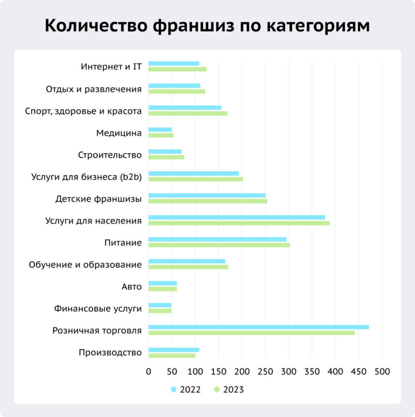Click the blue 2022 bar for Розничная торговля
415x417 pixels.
click(259, 327)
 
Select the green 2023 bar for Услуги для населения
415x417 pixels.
click(239, 223)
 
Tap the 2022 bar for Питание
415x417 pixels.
click(217, 239)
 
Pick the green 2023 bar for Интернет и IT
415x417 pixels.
click(177, 69)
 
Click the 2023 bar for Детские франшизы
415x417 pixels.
click(207, 201)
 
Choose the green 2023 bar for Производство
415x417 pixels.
click(172, 356)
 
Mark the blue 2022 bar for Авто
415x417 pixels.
click(162, 283)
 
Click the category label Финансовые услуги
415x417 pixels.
click(98, 309)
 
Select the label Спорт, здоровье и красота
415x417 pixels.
click(83, 111)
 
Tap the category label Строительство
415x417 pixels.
click(109, 155)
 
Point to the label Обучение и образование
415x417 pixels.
click(85, 265)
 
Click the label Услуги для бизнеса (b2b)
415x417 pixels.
click(86, 177)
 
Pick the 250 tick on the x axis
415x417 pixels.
click(265, 372)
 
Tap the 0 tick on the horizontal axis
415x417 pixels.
click(148, 372)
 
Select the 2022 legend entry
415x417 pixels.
click(186, 390)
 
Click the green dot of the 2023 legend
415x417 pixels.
click(217, 390)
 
